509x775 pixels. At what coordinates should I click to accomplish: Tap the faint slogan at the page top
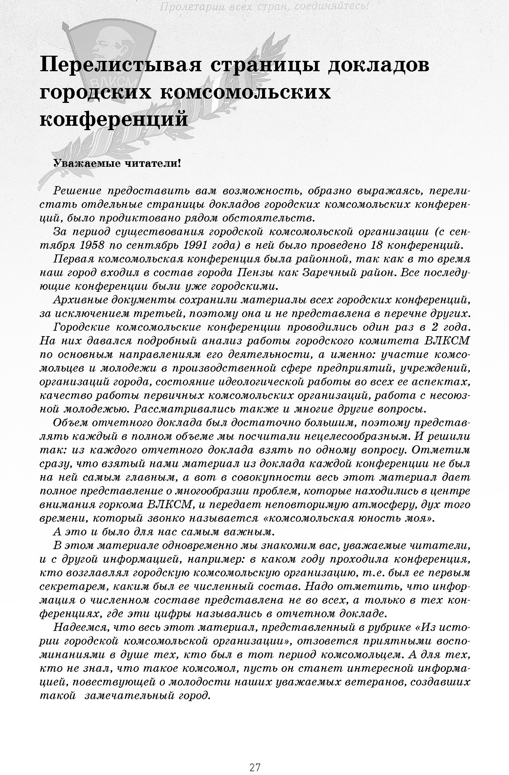pyautogui.click(x=264, y=6)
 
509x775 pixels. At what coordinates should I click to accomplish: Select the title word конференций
pyautogui.click(x=114, y=119)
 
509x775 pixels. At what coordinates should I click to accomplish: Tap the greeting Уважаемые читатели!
pyautogui.click(x=117, y=163)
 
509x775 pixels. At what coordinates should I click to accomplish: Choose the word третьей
pyautogui.click(x=154, y=313)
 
